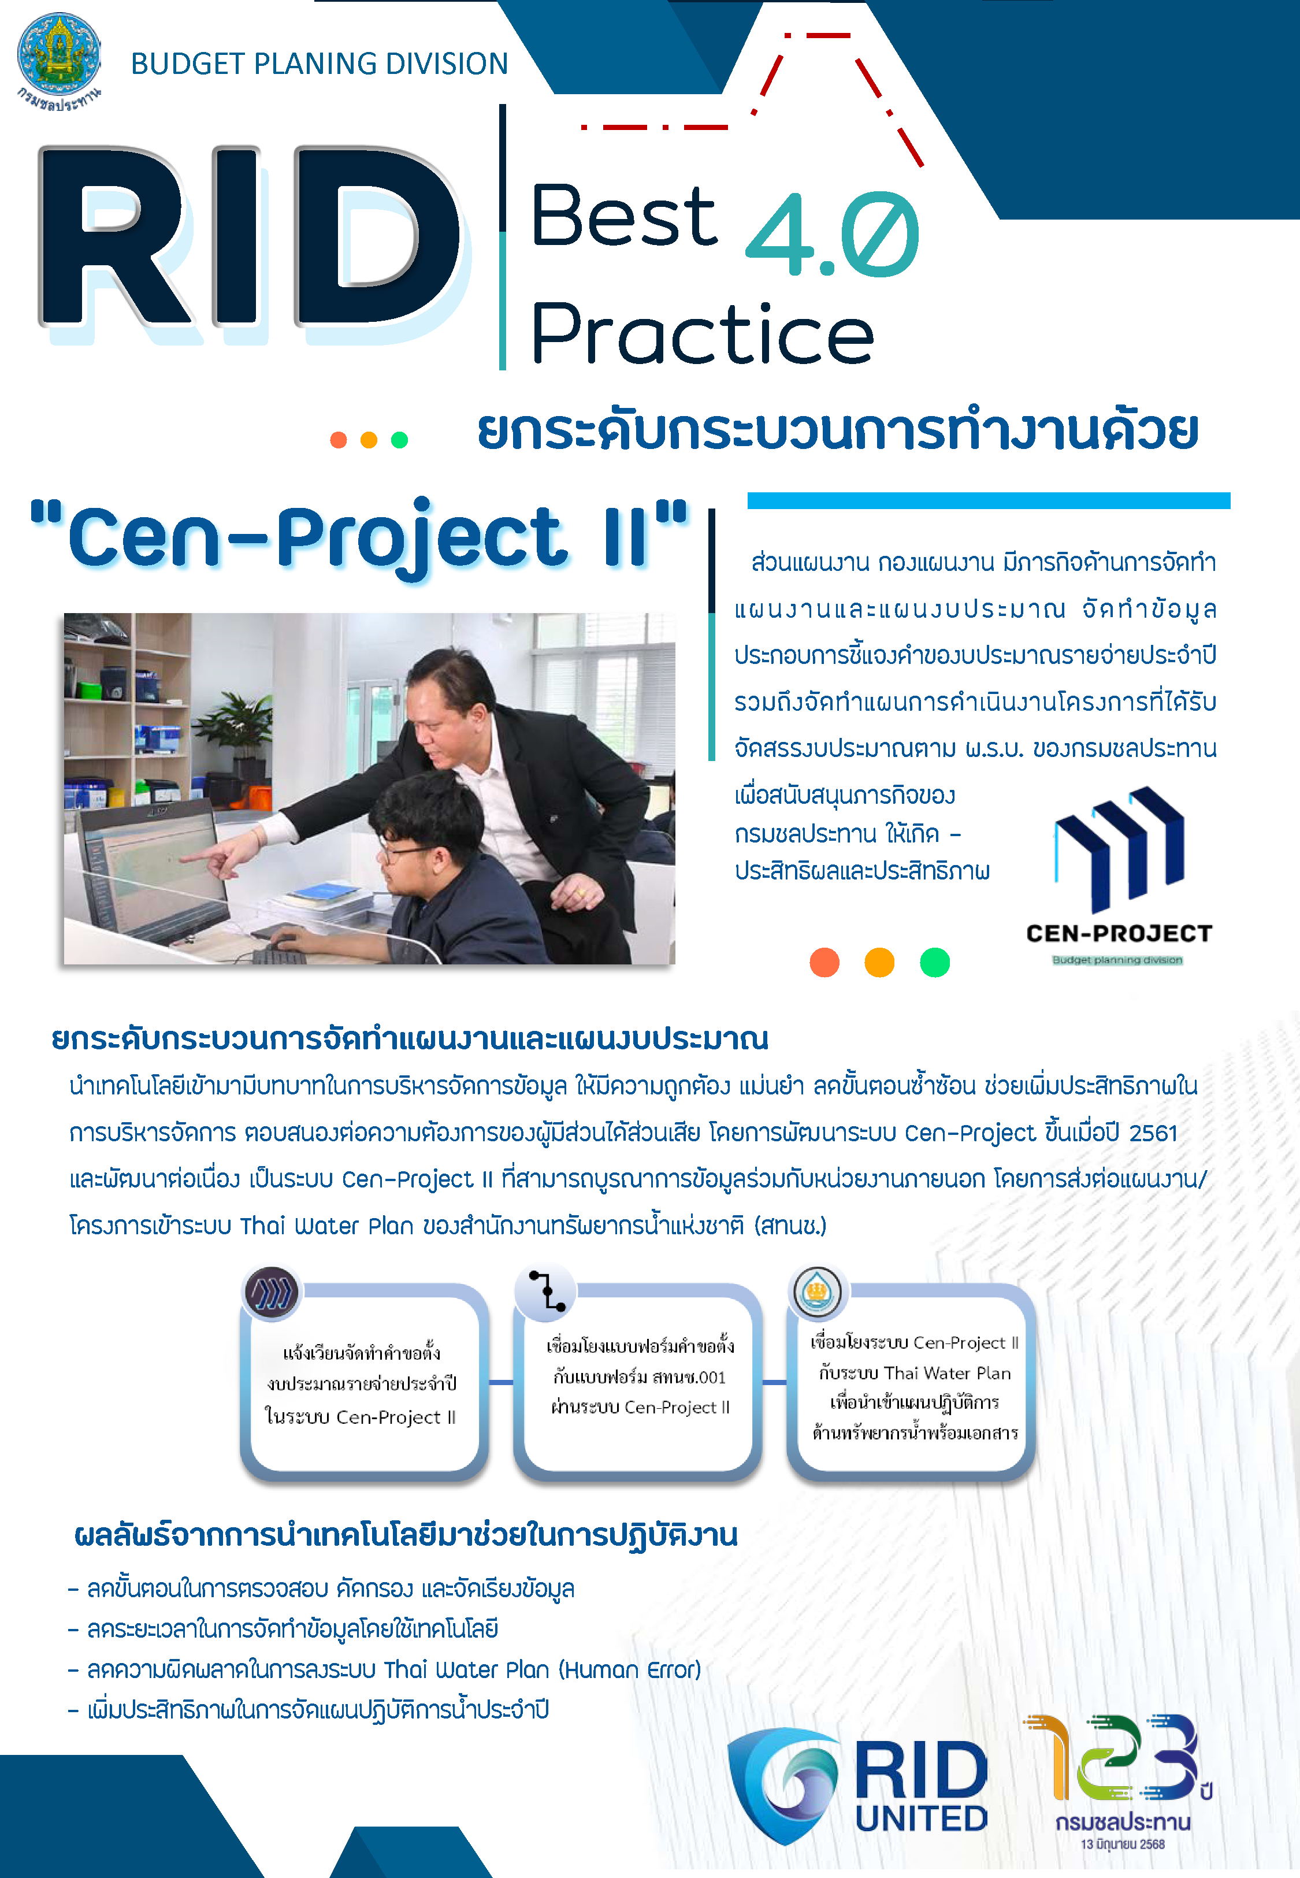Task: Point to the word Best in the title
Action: click(x=624, y=215)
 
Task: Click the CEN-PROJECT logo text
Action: click(x=1119, y=933)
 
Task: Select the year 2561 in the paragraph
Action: click(x=1153, y=1133)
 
